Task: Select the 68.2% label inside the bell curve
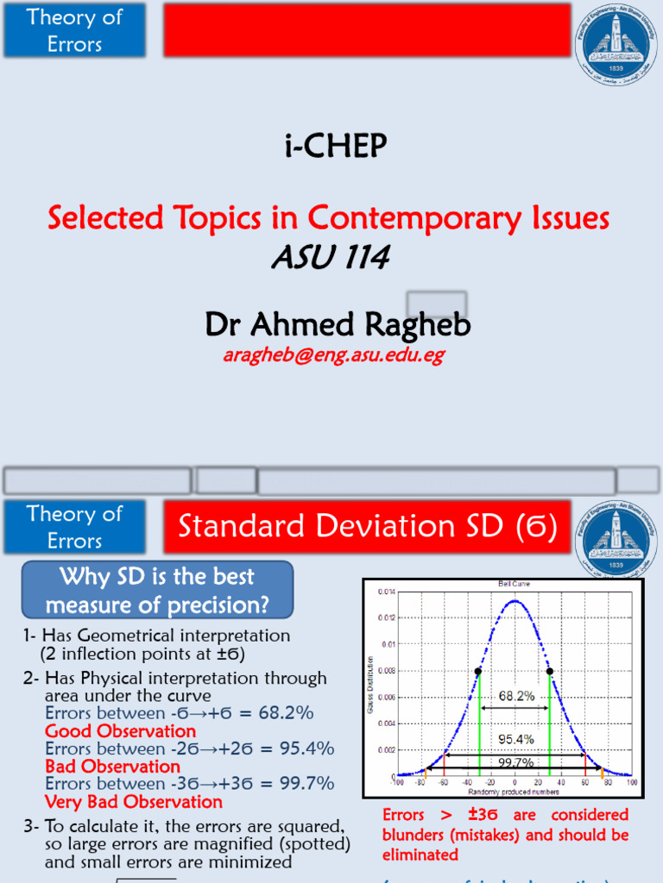point(515,694)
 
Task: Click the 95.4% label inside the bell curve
point(516,739)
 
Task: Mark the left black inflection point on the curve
point(478,670)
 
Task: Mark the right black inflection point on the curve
point(549,670)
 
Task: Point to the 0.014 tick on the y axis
point(387,591)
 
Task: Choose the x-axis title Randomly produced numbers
point(515,790)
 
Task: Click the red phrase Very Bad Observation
point(134,802)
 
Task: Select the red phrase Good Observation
point(120,731)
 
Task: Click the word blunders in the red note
point(418,835)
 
